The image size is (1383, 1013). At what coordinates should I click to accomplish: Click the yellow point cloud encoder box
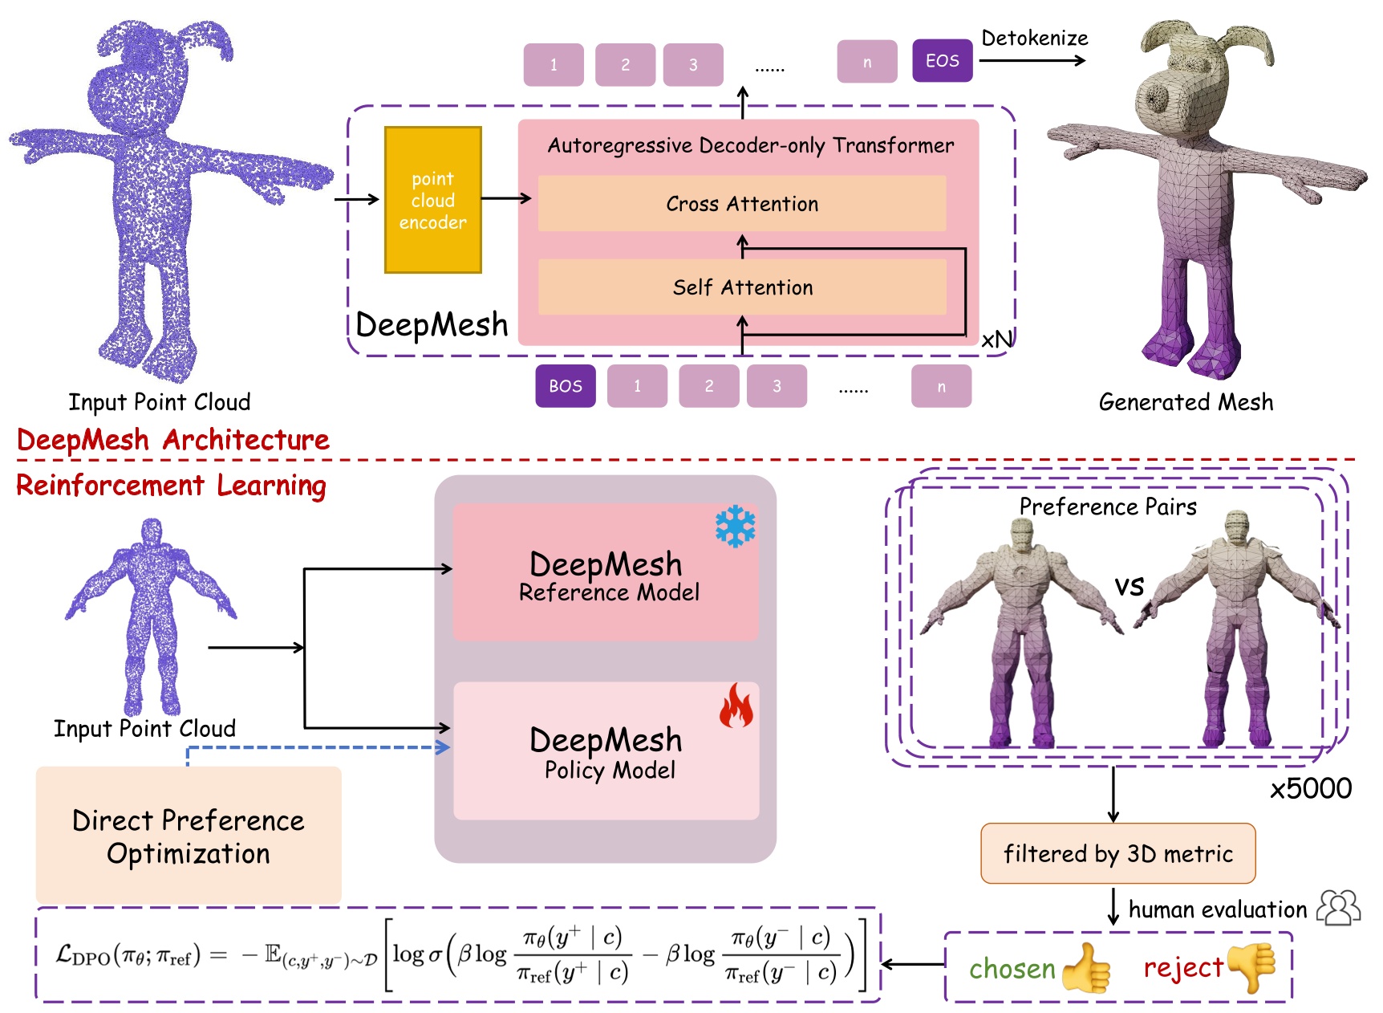pyautogui.click(x=432, y=200)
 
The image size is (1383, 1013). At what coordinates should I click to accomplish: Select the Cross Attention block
pyautogui.click(x=741, y=204)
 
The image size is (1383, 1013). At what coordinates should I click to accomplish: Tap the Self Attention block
pyautogui.click(x=741, y=287)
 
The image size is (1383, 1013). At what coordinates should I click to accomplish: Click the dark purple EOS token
pyautogui.click(x=942, y=61)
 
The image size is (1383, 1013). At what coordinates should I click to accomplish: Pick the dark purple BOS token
pyautogui.click(x=565, y=386)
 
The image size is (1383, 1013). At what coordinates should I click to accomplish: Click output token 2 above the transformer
pyautogui.click(x=625, y=65)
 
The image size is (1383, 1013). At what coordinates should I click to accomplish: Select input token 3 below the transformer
pyautogui.click(x=776, y=386)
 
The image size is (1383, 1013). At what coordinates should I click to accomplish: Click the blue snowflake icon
pyautogui.click(x=735, y=527)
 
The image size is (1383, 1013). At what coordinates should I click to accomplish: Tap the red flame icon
pyautogui.click(x=736, y=706)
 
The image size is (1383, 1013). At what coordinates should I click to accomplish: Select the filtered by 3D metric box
pyautogui.click(x=1117, y=853)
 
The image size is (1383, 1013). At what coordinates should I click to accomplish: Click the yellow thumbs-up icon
pyautogui.click(x=1086, y=968)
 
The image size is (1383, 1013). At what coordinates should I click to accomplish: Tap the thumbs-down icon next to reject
pyautogui.click(x=1252, y=967)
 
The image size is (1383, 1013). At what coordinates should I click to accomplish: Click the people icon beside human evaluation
pyautogui.click(x=1338, y=908)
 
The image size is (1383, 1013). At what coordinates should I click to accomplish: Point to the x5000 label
pyautogui.click(x=1310, y=788)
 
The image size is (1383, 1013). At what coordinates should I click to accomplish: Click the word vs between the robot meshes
pyautogui.click(x=1129, y=586)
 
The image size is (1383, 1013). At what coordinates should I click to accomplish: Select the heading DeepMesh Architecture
pyautogui.click(x=173, y=440)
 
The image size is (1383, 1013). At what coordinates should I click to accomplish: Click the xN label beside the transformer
pyautogui.click(x=997, y=340)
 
